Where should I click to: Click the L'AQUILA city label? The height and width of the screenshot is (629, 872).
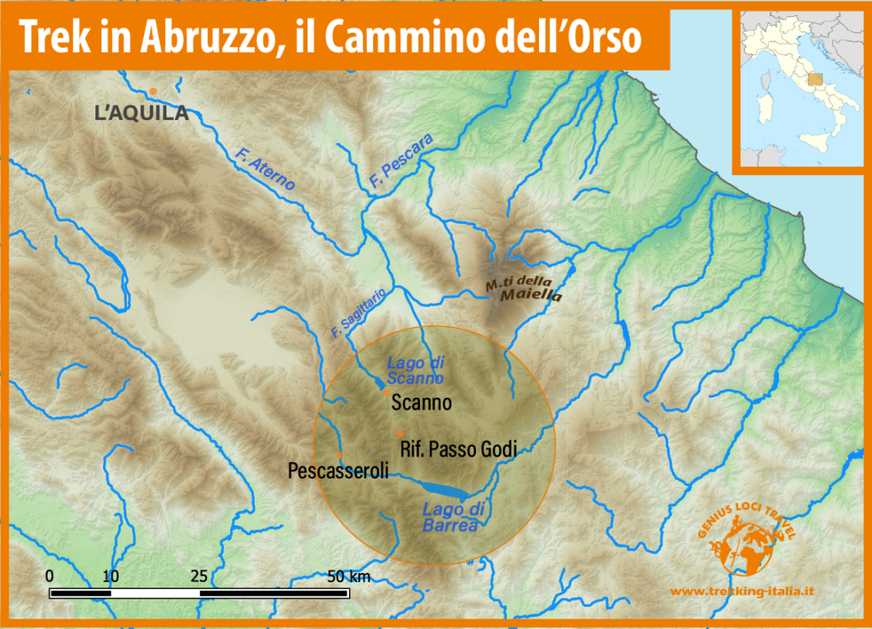pos(141,112)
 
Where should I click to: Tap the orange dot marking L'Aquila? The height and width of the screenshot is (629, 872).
pos(153,91)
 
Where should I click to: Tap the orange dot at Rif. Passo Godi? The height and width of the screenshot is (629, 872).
pos(400,434)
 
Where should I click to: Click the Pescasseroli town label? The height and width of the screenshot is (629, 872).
pos(338,470)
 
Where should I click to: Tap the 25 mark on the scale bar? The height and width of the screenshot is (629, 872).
pos(200,576)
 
